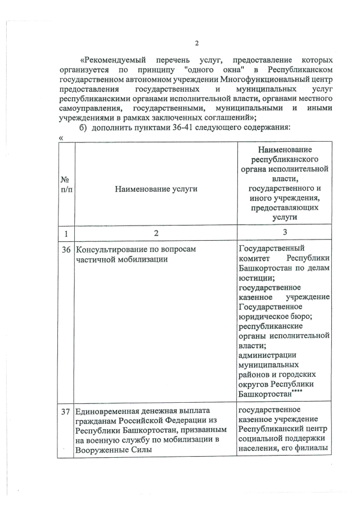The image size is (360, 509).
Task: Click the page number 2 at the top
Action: [x=196, y=44]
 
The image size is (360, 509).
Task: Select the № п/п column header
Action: [x=66, y=184]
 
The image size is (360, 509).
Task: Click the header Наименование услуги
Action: [x=156, y=190]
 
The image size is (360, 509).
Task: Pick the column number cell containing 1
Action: [x=66, y=233]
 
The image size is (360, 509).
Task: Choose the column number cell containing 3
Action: [x=285, y=233]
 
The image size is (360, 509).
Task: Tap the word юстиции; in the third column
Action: [x=253, y=278]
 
